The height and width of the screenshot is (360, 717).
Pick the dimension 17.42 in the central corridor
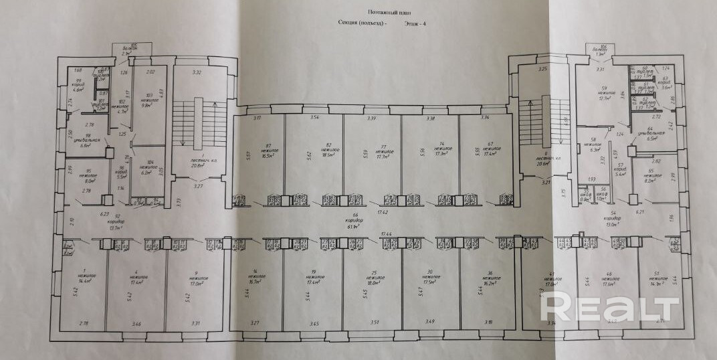[x=383, y=211]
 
